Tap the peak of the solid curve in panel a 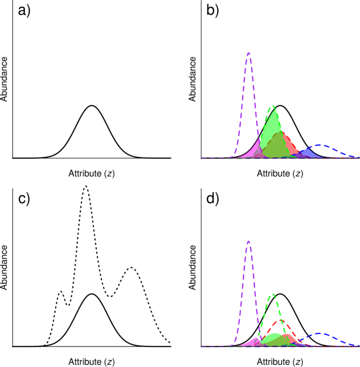92,106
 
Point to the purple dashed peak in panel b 248,53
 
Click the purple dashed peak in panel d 248,242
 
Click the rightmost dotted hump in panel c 131,268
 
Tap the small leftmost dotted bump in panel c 60,291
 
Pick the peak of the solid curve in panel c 92,294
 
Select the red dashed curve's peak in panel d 281,320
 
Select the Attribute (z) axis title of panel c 92,361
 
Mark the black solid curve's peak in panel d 281,294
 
